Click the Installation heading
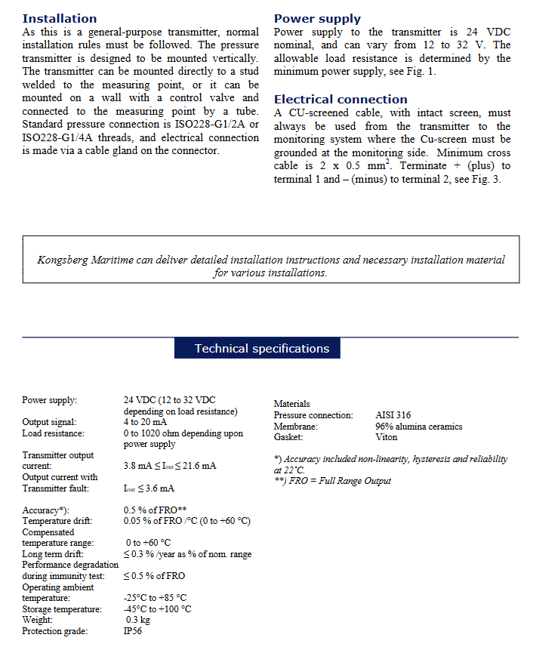click(x=60, y=18)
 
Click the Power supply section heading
click(x=317, y=19)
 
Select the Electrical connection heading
click(x=340, y=100)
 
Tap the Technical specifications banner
click(x=261, y=349)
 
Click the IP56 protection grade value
click(x=133, y=631)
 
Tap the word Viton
click(x=387, y=437)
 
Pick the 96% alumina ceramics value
click(x=418, y=427)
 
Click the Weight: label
click(x=38, y=620)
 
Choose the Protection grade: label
click(x=54, y=631)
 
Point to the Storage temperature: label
click(x=62, y=609)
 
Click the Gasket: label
click(x=288, y=437)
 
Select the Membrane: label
click(x=295, y=427)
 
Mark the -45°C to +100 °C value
click(x=157, y=609)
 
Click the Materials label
click(x=291, y=404)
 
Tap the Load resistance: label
click(x=53, y=433)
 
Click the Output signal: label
click(x=49, y=422)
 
